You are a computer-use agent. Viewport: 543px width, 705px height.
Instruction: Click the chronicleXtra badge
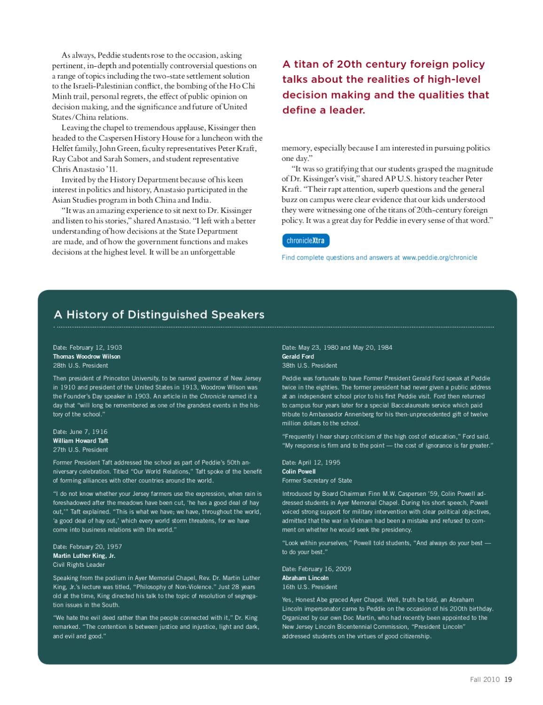306,241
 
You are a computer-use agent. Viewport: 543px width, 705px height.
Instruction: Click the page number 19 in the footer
508,679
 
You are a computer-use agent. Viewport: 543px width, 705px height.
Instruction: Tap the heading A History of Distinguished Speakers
159,314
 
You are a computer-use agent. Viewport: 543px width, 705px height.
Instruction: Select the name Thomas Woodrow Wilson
87,356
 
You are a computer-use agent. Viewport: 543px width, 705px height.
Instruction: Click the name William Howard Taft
80,440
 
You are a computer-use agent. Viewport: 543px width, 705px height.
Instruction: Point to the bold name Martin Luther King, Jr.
84,556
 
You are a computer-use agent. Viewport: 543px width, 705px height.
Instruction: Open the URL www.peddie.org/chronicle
440,258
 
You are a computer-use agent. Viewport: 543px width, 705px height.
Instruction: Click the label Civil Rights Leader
79,564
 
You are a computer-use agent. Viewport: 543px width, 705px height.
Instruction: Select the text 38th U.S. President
309,365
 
